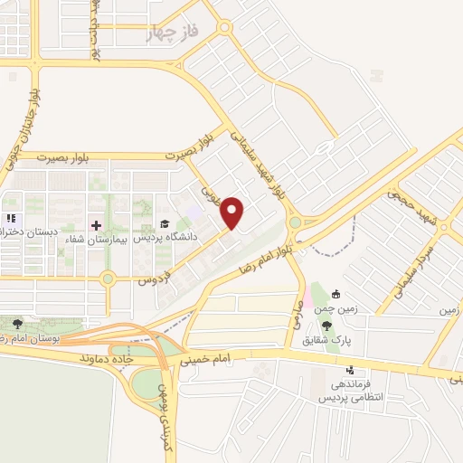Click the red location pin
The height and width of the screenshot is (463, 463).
click(233, 213)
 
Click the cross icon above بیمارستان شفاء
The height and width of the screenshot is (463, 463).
click(97, 224)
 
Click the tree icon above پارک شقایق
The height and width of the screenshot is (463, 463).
click(326, 326)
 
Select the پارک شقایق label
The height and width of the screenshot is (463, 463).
click(326, 340)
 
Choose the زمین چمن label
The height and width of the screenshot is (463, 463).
click(335, 308)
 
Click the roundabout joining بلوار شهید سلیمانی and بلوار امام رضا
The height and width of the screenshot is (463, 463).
click(296, 222)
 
